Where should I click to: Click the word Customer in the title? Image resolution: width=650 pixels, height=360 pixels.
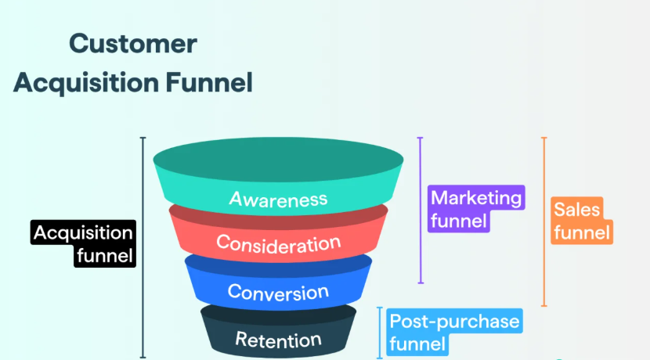[x=132, y=43]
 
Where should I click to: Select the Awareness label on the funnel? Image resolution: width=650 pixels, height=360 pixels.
[x=278, y=198]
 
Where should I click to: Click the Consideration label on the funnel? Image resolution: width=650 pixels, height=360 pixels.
[x=279, y=243]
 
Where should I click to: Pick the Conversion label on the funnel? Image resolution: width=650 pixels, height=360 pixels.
[x=278, y=292]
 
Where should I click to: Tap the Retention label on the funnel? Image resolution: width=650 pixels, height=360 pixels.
[x=278, y=339]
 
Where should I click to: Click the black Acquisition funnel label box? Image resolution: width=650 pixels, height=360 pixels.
[x=84, y=243]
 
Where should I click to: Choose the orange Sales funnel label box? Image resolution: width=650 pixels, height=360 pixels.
[x=580, y=221]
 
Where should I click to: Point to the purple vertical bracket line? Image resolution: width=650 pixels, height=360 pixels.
[x=421, y=210]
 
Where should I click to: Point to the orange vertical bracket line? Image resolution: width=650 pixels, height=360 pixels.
[x=544, y=221]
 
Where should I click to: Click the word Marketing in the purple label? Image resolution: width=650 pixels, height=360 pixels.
[x=476, y=198]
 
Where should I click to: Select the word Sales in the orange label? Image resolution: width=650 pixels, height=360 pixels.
[x=576, y=210]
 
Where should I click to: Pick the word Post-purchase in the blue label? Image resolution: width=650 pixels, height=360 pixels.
[x=454, y=321]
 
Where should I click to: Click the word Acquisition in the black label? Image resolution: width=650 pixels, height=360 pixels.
[x=84, y=232]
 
